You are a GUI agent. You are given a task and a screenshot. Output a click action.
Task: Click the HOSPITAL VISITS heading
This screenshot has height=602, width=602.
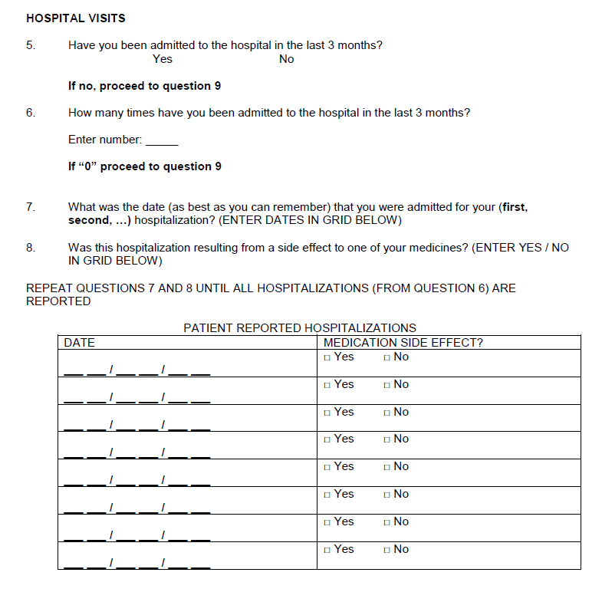(75, 18)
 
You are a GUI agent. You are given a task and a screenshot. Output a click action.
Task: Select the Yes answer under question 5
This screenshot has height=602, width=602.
(163, 59)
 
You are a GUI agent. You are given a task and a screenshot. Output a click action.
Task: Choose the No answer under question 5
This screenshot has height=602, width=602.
(286, 59)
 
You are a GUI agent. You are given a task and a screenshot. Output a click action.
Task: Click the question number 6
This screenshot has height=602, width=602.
(31, 113)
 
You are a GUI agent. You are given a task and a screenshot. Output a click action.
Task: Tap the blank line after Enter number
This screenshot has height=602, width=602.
(162, 141)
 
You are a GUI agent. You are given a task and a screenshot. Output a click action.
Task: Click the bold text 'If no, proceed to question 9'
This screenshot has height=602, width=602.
(144, 86)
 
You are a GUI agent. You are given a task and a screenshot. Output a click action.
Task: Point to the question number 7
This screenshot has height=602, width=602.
(31, 207)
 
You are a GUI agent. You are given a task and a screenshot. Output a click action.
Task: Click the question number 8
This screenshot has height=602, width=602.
(31, 248)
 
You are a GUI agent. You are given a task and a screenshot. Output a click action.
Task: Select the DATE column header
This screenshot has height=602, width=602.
(79, 343)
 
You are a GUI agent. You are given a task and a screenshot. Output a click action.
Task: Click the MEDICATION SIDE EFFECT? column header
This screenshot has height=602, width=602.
(403, 343)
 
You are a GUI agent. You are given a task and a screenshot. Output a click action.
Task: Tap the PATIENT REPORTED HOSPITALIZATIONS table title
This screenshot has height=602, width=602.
(300, 328)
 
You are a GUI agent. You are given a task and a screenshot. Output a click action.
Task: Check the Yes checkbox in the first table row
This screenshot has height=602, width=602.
(327, 357)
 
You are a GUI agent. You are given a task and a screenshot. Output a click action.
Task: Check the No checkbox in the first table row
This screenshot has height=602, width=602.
(387, 357)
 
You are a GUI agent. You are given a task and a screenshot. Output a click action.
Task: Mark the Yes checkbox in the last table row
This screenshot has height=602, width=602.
(327, 550)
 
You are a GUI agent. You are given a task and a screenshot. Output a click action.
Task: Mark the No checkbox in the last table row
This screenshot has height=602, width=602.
(387, 550)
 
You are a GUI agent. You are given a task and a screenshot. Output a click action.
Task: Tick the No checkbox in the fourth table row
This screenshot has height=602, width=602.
(387, 439)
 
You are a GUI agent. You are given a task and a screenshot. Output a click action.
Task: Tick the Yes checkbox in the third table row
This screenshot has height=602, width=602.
(327, 413)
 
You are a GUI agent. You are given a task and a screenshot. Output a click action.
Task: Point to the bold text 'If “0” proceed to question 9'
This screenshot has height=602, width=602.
(145, 166)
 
